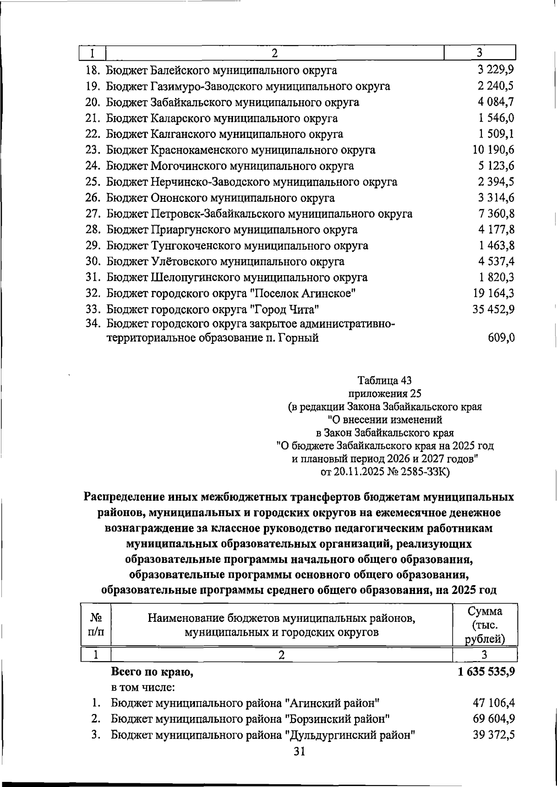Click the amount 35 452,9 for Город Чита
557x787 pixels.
493,309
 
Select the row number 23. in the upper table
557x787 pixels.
94,150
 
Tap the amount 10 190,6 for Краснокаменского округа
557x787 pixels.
493,150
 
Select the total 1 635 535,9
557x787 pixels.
486,671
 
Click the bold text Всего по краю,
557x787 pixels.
152,672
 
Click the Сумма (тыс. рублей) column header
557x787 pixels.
485,625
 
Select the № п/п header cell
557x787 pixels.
96,625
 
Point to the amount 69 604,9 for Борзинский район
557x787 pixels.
493,719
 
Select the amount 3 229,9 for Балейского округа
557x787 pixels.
496,70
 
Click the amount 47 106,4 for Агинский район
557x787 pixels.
493,703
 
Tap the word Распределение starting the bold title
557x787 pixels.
128,497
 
